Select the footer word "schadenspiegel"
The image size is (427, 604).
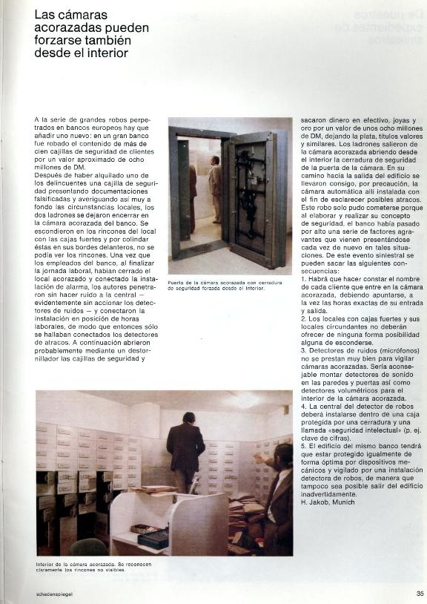click(55, 594)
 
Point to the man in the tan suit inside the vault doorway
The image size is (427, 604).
click(215, 186)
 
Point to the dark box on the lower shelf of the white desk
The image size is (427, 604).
click(153, 539)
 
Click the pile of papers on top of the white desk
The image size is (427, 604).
click(157, 489)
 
